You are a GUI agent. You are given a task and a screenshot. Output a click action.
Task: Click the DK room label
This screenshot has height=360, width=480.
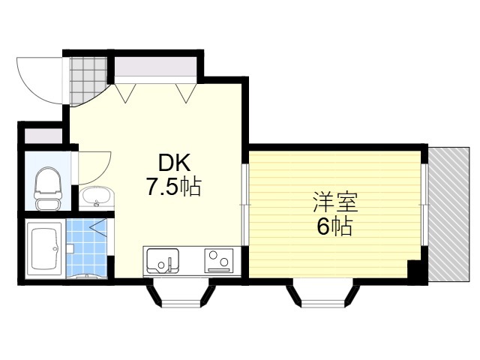click(173, 163)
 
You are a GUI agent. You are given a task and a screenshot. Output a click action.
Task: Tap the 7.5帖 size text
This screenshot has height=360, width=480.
click(173, 187)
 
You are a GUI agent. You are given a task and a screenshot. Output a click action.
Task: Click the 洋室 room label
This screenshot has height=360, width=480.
click(334, 202)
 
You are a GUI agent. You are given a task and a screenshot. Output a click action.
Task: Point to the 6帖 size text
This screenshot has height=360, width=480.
click(334, 226)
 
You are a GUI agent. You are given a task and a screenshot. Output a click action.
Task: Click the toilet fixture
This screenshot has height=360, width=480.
click(46, 188)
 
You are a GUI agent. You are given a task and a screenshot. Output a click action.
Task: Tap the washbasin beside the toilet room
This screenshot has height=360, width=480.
click(95, 199)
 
